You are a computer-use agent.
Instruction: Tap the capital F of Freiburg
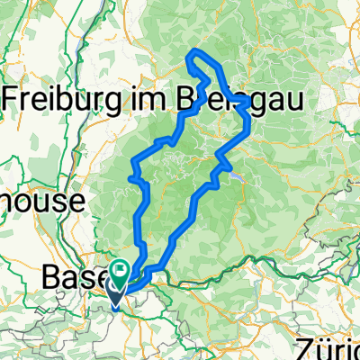point(13,96)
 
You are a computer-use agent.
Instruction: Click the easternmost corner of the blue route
point(249,105)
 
